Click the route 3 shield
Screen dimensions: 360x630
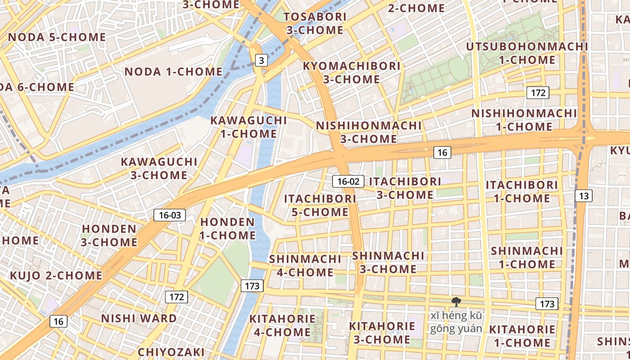tap(261, 60)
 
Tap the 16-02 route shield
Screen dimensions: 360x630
tap(348, 181)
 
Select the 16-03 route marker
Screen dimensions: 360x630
tap(170, 215)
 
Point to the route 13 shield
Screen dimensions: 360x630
tap(584, 195)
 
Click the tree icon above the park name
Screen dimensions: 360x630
tap(456, 302)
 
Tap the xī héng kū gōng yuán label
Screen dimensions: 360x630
tap(456, 322)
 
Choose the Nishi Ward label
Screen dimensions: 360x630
tap(139, 319)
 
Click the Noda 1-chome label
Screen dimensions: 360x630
tap(173, 72)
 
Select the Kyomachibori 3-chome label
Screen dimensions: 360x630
tap(351, 72)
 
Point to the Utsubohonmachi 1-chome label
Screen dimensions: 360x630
tap(527, 53)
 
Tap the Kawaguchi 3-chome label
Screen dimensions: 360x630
tap(159, 168)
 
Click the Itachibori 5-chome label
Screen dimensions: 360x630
tap(320, 205)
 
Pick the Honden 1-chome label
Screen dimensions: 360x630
tap(228, 229)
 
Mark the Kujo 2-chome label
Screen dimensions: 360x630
tap(56, 275)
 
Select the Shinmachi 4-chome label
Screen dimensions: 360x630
tap(305, 265)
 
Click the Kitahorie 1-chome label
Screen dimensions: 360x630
tap(522, 336)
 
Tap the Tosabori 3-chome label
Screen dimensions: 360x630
tap(315, 23)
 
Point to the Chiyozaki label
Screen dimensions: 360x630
tap(171, 352)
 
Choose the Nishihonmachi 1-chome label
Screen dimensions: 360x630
tap(524, 120)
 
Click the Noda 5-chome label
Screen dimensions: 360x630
tap(57, 37)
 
